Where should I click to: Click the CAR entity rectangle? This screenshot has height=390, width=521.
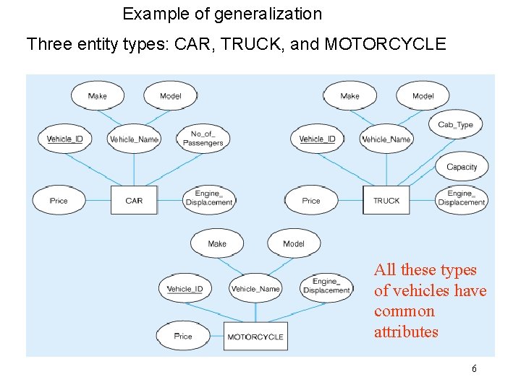point(134,200)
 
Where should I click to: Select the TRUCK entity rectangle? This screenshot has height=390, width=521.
point(386,200)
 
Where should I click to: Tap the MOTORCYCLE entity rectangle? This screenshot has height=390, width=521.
point(255,337)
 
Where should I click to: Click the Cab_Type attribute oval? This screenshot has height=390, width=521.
point(455,125)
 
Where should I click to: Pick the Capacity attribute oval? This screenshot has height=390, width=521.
point(462,167)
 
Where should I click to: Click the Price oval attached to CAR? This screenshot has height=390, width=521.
point(59,200)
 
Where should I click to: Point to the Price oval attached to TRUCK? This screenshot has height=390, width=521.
point(311,200)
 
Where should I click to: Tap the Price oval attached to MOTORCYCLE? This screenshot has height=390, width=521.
point(183,336)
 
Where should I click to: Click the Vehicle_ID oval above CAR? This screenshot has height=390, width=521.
point(65,139)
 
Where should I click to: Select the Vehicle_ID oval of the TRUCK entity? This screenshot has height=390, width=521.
point(317,139)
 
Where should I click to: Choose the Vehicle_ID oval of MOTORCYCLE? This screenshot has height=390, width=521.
point(185,289)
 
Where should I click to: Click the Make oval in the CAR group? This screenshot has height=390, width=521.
point(97,96)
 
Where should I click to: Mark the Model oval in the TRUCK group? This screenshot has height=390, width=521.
point(423,96)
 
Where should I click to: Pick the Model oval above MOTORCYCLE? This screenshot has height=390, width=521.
point(294,243)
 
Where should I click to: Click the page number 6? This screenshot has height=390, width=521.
point(474,369)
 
